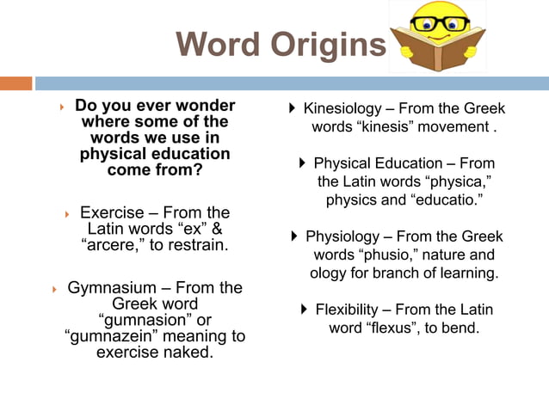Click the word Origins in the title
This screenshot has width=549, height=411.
point(332,45)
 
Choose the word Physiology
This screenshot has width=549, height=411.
point(342,236)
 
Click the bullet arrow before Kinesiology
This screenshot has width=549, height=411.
point(293,108)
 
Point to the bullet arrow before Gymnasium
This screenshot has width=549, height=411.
point(53,289)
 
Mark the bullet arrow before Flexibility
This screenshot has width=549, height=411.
point(305,309)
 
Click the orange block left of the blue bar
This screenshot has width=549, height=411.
point(15,83)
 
